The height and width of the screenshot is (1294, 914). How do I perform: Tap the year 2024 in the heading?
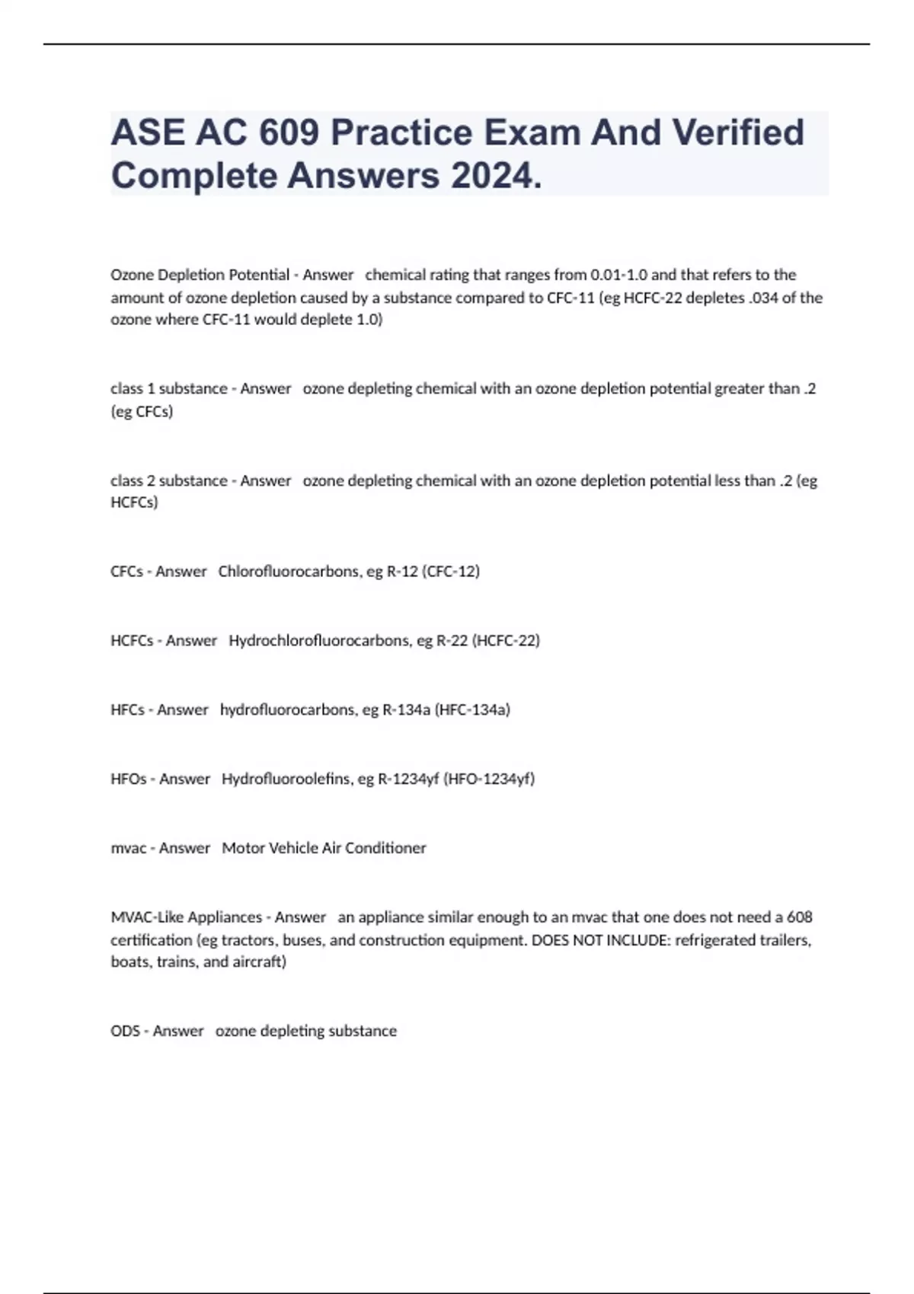pos(491,176)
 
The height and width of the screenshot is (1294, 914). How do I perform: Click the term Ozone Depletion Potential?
pos(200,275)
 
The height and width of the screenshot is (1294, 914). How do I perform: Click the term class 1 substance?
pos(169,389)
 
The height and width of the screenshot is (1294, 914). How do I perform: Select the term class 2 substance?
pos(169,481)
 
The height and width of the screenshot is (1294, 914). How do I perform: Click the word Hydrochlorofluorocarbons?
pos(320,641)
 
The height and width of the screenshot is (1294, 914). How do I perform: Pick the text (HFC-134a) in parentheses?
pos(472,710)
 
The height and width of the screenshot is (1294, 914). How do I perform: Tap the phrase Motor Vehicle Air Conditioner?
pos(324,849)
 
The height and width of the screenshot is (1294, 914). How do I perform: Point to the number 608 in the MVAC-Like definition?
pos(800,917)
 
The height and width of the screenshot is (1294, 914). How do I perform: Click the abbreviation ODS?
pos(125,1031)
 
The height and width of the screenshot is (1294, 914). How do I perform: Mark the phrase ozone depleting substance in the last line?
pos(306,1031)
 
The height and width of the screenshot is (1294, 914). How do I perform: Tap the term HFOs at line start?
pos(129,779)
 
